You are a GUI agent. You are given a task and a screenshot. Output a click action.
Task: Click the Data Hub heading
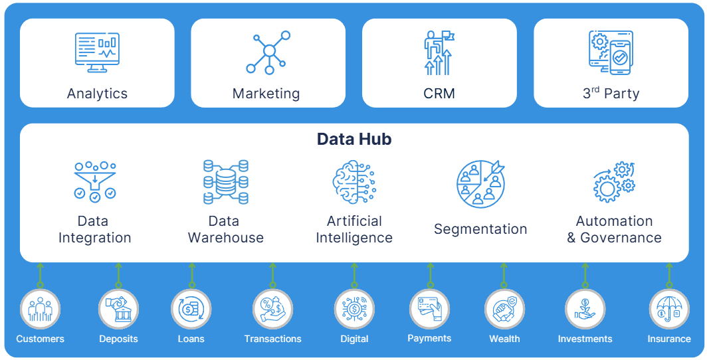click(x=353, y=139)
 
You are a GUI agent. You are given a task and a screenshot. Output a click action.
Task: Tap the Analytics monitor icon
click(x=97, y=52)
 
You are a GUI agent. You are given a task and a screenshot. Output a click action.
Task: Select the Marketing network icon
click(x=268, y=52)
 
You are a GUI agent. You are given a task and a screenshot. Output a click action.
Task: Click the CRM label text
click(x=439, y=94)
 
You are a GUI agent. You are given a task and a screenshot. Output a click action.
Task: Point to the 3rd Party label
click(x=611, y=94)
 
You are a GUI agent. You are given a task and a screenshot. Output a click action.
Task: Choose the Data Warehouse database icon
click(x=226, y=181)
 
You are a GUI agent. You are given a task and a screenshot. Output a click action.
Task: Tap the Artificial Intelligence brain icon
click(x=353, y=181)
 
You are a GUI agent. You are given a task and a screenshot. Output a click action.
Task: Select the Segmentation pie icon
click(x=480, y=184)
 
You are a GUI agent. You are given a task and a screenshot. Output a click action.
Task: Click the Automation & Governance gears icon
click(x=613, y=181)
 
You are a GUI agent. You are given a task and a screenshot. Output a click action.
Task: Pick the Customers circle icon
click(x=40, y=309)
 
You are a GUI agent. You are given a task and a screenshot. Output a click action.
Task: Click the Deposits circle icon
click(x=118, y=309)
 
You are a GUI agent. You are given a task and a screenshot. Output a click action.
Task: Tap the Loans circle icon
click(x=191, y=309)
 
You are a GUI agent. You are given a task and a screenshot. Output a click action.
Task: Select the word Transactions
click(x=272, y=339)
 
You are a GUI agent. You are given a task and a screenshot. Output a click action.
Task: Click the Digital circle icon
click(x=354, y=309)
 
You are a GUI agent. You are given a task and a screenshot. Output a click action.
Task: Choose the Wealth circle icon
click(x=504, y=309)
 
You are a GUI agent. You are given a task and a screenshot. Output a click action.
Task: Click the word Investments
click(x=585, y=339)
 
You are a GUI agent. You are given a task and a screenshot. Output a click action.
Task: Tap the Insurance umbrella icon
click(x=668, y=309)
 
